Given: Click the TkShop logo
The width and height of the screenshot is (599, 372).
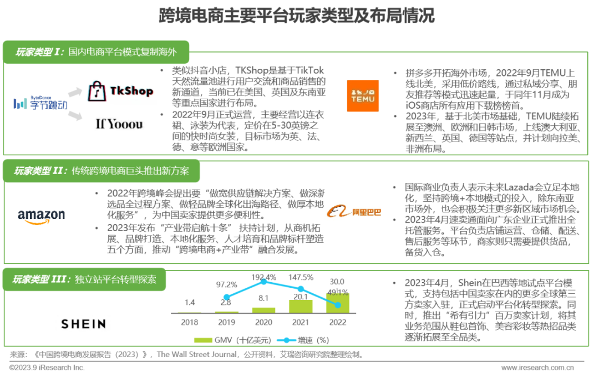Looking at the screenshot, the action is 120,91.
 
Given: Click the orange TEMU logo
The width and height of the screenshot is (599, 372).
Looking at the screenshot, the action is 363,95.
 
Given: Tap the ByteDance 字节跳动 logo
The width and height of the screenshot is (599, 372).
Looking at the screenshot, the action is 40,103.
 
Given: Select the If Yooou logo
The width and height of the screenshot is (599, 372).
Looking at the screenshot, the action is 119,124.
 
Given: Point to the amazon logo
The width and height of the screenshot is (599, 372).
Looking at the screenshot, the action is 41,217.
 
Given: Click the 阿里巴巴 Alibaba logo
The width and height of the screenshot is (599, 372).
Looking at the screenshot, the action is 354,212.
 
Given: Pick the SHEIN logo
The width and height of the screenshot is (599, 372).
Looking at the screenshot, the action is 83,324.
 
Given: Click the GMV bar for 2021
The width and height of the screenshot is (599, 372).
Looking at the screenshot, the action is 301,307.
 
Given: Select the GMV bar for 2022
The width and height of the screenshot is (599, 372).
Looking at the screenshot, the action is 338,303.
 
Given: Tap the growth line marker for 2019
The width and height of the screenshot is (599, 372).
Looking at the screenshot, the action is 226,297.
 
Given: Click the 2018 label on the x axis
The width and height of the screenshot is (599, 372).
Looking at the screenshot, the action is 190,322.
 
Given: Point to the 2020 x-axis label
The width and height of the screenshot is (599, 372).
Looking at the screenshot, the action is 263,322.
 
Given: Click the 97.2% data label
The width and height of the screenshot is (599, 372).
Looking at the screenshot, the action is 226,284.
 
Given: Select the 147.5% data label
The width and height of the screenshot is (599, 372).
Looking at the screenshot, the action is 301,277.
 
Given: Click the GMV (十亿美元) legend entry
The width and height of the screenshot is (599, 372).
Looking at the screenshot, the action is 232,340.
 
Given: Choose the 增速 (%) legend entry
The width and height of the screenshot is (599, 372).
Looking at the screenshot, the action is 303,340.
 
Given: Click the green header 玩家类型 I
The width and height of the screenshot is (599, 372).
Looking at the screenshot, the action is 96,52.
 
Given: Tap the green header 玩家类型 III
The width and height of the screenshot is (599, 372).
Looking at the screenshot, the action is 84,279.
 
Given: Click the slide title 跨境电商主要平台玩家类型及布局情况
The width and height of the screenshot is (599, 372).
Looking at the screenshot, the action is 296,16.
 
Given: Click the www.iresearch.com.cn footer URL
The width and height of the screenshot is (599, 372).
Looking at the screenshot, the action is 537,368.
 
